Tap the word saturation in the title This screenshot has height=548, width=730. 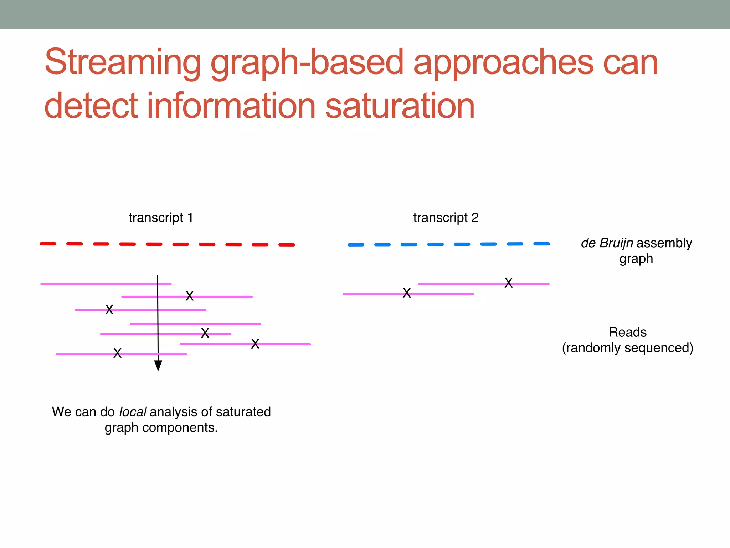click(x=400, y=106)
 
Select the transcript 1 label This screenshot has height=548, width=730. click(x=161, y=218)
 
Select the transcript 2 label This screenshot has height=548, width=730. click(x=446, y=218)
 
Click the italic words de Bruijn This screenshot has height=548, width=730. click(x=607, y=243)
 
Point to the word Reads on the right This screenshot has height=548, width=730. click(x=627, y=332)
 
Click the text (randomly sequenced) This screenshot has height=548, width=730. click(x=627, y=348)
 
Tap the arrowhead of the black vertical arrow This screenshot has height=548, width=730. click(x=158, y=366)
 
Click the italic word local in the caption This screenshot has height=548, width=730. click(x=132, y=412)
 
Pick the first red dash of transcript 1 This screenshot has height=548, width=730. click(x=48, y=244)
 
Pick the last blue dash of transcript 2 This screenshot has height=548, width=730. click(x=541, y=244)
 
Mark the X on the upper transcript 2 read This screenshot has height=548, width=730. click(x=509, y=283)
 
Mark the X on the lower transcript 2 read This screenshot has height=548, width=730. click(x=407, y=293)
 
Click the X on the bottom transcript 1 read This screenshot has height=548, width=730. click(x=117, y=353)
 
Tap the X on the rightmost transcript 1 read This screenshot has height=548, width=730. click(x=255, y=344)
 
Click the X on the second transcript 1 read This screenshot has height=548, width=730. click(x=190, y=296)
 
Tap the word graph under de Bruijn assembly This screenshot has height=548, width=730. click(x=636, y=259)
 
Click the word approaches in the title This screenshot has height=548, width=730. click(x=503, y=62)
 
